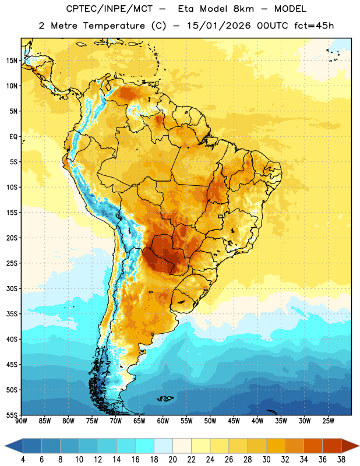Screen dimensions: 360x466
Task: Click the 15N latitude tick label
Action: pyautogui.click(x=12, y=61)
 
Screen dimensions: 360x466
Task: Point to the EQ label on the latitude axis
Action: pyautogui.click(x=13, y=137)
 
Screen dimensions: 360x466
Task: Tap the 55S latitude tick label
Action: pyautogui.click(x=12, y=415)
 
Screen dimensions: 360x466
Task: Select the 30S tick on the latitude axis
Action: pyautogui.click(x=12, y=288)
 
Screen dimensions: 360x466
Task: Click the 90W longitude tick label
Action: pyautogui.click(x=21, y=421)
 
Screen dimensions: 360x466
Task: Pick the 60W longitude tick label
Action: pyautogui.click(x=163, y=421)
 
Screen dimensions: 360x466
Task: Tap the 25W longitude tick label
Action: pyautogui.click(x=328, y=421)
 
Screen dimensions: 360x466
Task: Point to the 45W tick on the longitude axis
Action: pyautogui.click(x=234, y=421)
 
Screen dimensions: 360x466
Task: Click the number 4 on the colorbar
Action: pyautogui.click(x=23, y=460)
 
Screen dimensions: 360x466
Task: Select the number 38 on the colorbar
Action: pyautogui.click(x=341, y=460)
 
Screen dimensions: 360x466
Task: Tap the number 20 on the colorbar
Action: pyautogui.click(x=172, y=460)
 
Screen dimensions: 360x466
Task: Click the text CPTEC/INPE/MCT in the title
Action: pyautogui.click(x=110, y=9)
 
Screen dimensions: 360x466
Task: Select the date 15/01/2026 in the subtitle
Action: pyautogui.click(x=219, y=26)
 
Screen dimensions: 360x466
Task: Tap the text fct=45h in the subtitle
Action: pyautogui.click(x=314, y=26)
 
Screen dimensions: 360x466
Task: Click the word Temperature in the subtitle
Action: pyautogui.click(x=114, y=26)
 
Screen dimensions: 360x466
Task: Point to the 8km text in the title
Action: pyautogui.click(x=243, y=9)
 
